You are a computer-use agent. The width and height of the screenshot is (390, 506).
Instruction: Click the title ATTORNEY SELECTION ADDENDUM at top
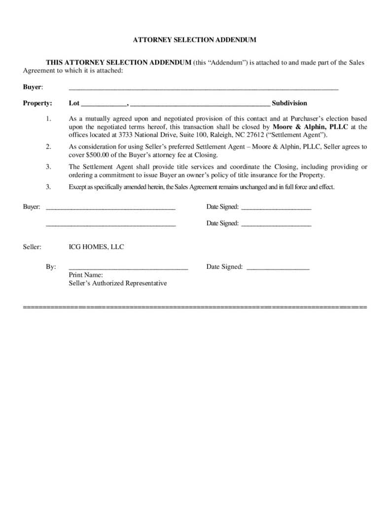[195, 40]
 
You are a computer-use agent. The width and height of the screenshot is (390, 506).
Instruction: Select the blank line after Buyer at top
[203, 88]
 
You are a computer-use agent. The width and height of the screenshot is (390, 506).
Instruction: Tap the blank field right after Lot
[104, 104]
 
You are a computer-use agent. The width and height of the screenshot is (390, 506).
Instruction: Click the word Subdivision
[289, 103]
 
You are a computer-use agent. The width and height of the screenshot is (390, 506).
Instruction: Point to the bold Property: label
[37, 103]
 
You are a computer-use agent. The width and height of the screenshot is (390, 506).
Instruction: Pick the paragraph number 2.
[48, 147]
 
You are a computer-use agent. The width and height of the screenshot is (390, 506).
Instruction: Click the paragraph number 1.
[48, 119]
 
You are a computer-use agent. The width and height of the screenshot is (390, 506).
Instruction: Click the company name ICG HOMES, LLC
[96, 247]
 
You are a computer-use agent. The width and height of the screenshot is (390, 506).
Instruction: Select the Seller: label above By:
[32, 247]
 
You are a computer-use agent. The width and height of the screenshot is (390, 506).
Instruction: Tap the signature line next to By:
[128, 268]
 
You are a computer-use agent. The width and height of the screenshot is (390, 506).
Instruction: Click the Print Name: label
[86, 275]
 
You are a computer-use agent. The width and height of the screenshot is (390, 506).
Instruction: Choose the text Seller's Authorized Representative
[118, 283]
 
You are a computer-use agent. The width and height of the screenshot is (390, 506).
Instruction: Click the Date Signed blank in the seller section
[278, 268]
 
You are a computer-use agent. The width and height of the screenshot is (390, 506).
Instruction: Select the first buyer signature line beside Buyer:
[110, 208]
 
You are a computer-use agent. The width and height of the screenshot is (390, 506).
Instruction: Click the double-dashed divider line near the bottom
[195, 307]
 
